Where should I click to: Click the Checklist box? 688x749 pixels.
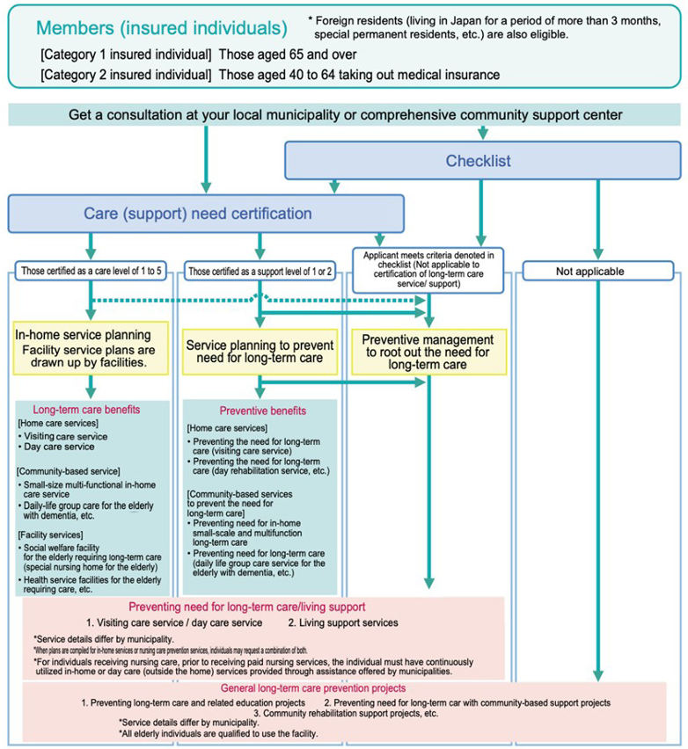[482, 161]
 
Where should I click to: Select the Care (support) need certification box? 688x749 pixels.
[205, 213]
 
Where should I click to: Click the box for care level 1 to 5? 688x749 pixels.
[91, 272]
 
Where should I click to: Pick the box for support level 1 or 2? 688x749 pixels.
[260, 272]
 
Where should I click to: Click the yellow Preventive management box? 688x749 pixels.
[428, 351]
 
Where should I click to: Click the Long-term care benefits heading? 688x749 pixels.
[86, 409]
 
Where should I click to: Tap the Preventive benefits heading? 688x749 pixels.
[264, 410]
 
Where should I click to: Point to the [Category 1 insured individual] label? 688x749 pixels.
[126, 54]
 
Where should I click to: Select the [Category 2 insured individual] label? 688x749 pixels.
[126, 75]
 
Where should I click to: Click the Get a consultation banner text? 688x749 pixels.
[346, 115]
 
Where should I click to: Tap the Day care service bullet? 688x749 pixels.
[58, 447]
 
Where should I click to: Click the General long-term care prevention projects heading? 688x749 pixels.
[338, 688]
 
